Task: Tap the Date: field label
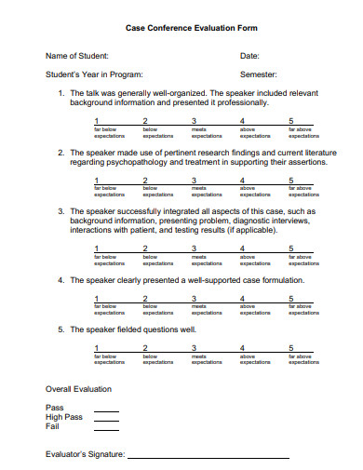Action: (x=249, y=56)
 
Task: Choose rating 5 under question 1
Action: (x=291, y=121)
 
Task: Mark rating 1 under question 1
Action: (x=97, y=121)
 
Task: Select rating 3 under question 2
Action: (x=194, y=180)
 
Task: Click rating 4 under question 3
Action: (x=242, y=248)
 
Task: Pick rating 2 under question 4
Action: (x=145, y=298)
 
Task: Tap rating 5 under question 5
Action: (x=291, y=348)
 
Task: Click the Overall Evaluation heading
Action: (x=78, y=389)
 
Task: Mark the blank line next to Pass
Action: (x=106, y=410)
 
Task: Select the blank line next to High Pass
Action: (x=106, y=419)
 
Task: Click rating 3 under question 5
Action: (x=194, y=348)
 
